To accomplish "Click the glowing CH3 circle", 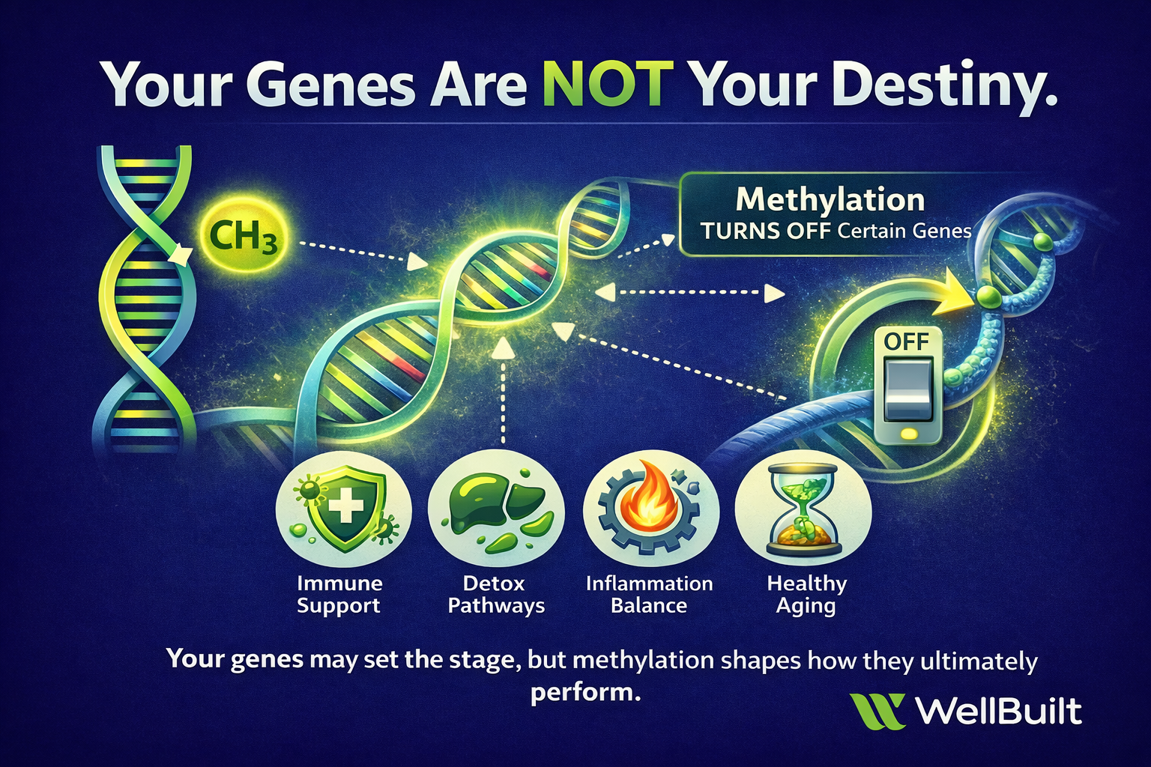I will coord(243,237).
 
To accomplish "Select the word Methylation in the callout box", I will coord(830,200).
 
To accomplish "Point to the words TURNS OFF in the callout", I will coord(766,231).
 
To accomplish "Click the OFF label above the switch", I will coord(906,342).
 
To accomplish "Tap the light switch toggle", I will coord(907,389).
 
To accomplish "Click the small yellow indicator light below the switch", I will coord(908,434).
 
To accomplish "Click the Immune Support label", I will coord(339,594).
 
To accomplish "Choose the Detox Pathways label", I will coord(495,594).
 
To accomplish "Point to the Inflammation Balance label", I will coord(649,594).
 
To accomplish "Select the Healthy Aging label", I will coord(806,594).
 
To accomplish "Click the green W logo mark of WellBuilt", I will coord(877,711).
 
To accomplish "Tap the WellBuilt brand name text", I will coord(998,711).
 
